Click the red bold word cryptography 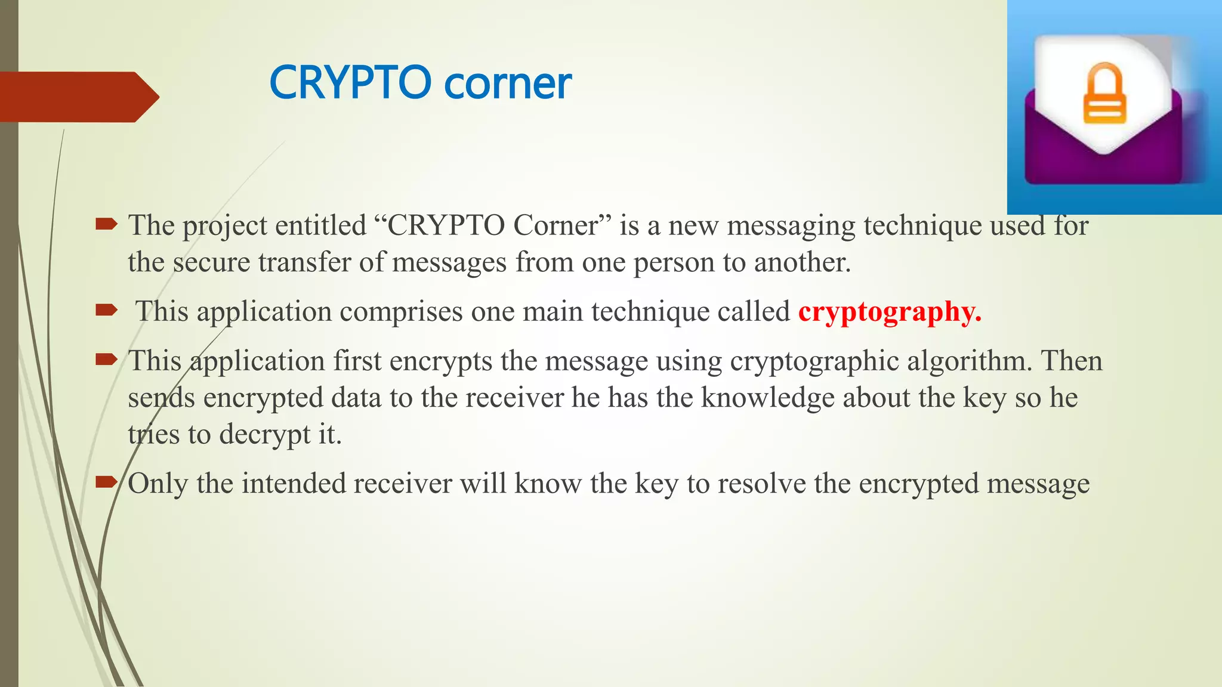(889, 312)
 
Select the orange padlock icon (1104, 94)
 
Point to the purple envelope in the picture (1103, 149)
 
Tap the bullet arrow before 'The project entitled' (106, 225)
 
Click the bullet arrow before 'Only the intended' (106, 481)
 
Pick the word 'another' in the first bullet (801, 262)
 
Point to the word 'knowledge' (767, 398)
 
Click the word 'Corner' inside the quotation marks (555, 225)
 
